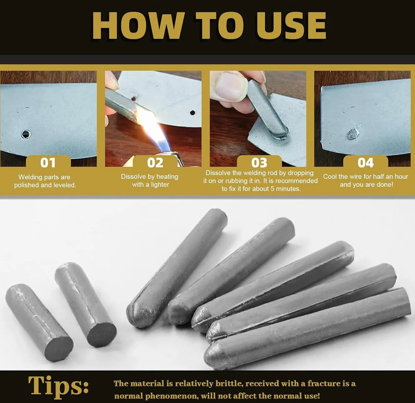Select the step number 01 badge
[x=48, y=162]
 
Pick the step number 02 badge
[x=155, y=162]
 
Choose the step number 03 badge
[x=259, y=162]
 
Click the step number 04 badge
[x=365, y=162]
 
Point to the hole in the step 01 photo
[x=26, y=134]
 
